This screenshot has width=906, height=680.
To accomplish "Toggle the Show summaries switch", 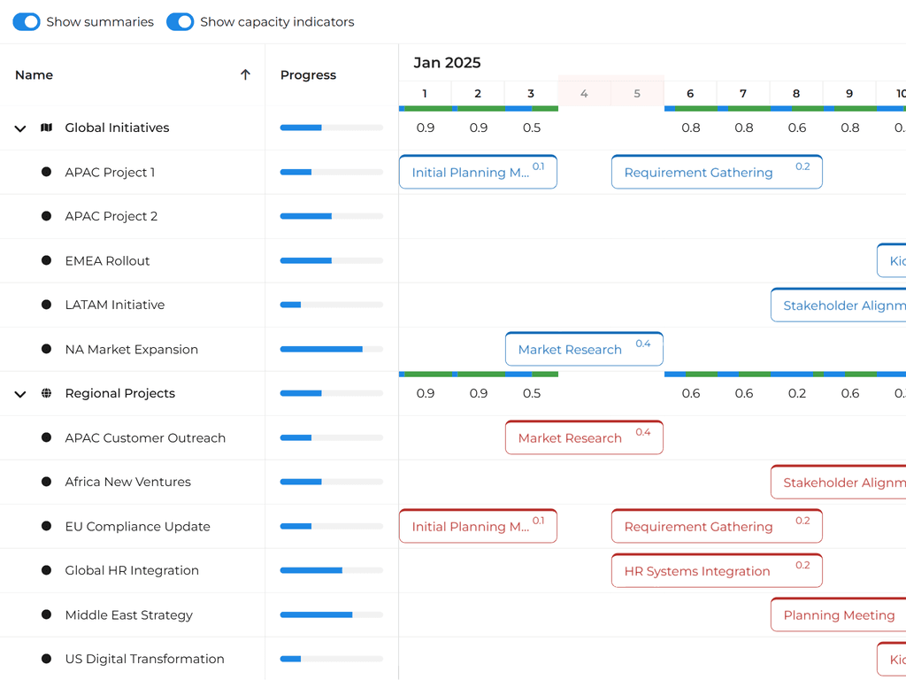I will pos(27,22).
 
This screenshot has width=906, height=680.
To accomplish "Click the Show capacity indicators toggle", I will pos(180,22).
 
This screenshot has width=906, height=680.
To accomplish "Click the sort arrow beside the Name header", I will pos(246,75).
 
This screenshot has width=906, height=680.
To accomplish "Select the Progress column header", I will pos(308,75).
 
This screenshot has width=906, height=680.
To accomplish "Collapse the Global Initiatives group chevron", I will pos(20,128).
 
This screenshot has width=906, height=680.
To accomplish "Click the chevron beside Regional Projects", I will pos(20,394).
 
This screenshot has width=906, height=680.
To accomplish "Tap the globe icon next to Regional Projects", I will pos(47,393).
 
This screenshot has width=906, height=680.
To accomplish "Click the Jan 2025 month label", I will pos(447,63).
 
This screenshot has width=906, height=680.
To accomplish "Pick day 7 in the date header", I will pos(743,94).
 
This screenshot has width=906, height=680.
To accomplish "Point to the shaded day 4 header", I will pos(584,94).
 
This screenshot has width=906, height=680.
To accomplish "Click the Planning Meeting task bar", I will pos(838,615).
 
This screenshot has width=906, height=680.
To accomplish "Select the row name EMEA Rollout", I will pos(107,261).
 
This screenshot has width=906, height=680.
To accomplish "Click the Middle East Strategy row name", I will pos(128,615).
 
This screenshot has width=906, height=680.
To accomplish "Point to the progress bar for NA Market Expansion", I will pos(332,350).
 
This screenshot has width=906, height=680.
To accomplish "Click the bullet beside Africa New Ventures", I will pos(47,482).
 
